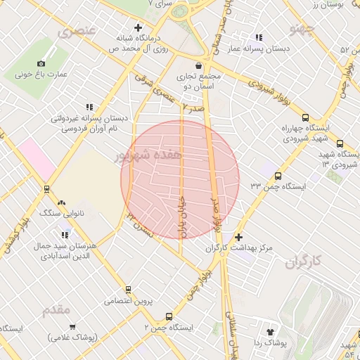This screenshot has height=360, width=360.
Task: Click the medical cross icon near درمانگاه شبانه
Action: coord(138,27)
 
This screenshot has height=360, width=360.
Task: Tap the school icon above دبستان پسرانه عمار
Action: coord(259,37)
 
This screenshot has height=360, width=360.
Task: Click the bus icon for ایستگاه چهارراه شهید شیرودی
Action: coord(304,117)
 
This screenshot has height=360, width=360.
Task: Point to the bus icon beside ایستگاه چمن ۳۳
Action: coord(278,176)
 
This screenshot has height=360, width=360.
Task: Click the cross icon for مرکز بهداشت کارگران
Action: coord(238,238)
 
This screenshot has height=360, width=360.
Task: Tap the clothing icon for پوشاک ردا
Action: coord(269,331)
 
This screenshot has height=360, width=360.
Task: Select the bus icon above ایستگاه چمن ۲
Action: coord(168,316)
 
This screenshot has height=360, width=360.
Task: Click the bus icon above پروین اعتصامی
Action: coord(128,289)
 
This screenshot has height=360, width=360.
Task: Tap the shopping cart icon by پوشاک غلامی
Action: coord(72,327)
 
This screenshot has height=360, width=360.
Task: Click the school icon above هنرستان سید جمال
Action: coord(64,236)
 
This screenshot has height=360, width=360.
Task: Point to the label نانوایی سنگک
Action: coord(62,212)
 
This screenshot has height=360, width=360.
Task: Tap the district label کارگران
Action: coord(303,263)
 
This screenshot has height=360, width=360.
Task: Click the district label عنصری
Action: coord(77,33)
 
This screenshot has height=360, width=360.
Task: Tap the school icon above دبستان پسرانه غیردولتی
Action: coord(89,107)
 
